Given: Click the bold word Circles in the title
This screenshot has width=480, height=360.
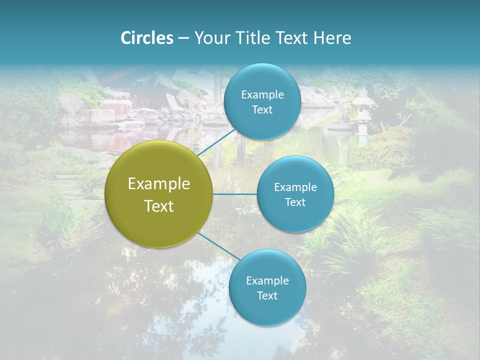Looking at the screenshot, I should pyautogui.click(x=147, y=38).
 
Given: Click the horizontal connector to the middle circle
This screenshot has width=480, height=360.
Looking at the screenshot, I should pyautogui.click(x=234, y=194).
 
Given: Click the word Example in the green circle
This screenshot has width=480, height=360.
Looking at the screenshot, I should pyautogui.click(x=159, y=184).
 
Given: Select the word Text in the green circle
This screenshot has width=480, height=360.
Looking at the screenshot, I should pyautogui.click(x=159, y=206).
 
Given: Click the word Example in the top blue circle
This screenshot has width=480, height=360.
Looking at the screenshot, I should pyautogui.click(x=262, y=95).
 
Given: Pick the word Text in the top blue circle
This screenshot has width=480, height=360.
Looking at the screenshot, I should pyautogui.click(x=262, y=110).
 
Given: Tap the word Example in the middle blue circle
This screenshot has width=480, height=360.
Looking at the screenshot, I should pyautogui.click(x=295, y=187).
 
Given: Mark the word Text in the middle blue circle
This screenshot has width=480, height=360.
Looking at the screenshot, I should pyautogui.click(x=295, y=202).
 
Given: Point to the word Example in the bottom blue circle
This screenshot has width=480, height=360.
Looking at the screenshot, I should pyautogui.click(x=267, y=281).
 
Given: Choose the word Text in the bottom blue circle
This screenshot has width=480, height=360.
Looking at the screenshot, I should pyautogui.click(x=267, y=296).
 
